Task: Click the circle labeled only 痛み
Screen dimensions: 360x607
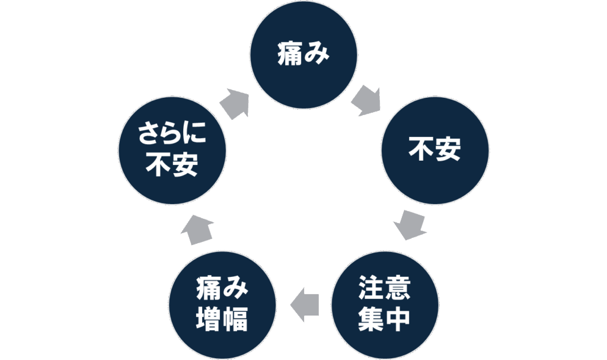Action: (303, 55)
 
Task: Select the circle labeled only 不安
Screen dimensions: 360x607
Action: (435, 151)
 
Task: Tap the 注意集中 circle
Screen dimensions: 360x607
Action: (384, 304)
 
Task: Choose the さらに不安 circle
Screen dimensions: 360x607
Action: (172, 151)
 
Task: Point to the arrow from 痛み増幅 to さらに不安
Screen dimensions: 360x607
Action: (198, 230)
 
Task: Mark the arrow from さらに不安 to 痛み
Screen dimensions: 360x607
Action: (235, 102)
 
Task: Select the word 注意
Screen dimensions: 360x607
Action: (384, 289)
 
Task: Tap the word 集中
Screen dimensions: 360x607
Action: (384, 320)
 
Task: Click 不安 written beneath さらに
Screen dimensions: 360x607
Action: (172, 167)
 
